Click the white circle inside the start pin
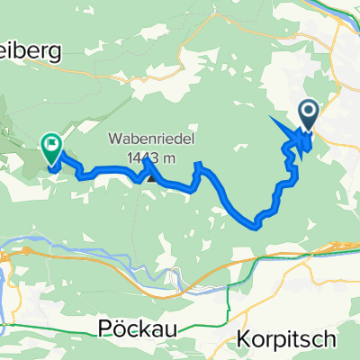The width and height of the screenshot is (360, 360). tap(308, 112)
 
